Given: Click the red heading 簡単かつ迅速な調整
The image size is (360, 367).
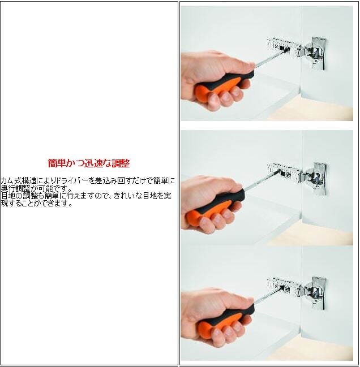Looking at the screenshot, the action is coord(89,163).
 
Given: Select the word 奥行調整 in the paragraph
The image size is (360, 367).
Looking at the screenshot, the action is coord(16,188).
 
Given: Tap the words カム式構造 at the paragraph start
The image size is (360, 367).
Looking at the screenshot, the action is coord(19,180).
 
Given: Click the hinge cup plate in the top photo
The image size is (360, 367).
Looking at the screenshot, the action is coord(319,54).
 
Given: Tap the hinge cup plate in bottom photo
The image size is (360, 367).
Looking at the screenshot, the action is coord(319,293).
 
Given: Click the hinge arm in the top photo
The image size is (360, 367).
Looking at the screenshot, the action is coord(284,48).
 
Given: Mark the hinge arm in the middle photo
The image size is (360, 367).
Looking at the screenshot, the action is coord(284,172).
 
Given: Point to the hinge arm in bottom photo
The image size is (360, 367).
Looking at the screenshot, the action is coord(284,286).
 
